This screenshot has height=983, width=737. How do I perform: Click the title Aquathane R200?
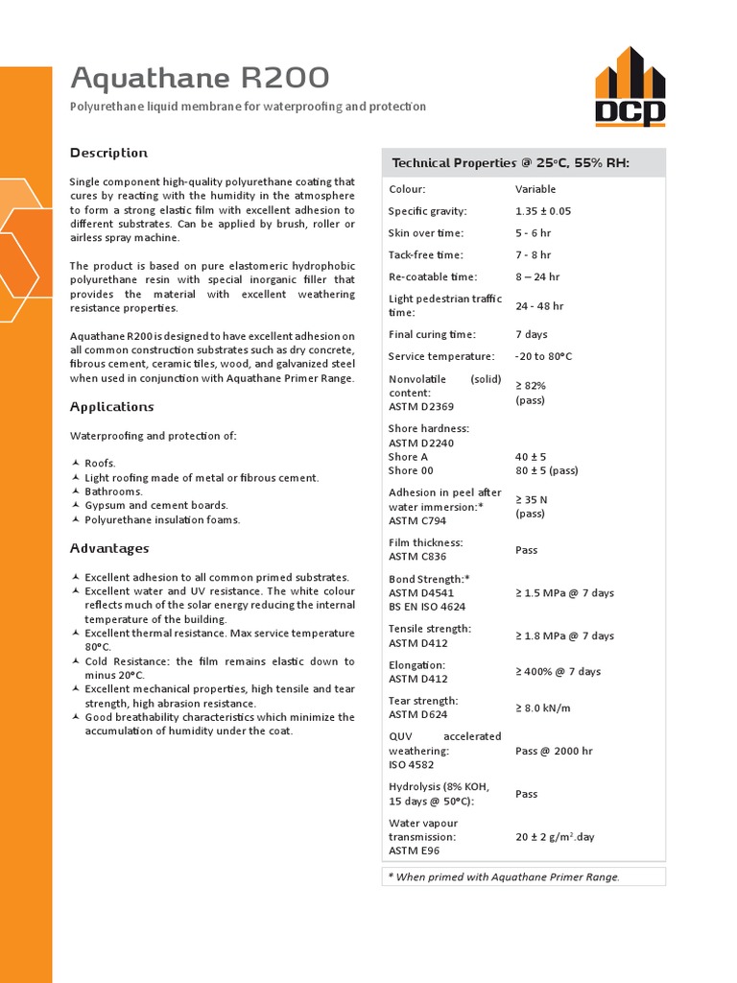pos(201,78)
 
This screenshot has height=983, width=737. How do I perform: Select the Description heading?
pos(108,153)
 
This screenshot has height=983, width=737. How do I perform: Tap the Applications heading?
pos(111,406)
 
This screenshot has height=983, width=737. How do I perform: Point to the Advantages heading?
pos(109,548)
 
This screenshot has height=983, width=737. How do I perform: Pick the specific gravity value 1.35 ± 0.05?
pos(542,211)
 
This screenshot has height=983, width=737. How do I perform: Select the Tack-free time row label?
pos(425,255)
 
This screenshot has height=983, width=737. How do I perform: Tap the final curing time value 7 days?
pos(531,334)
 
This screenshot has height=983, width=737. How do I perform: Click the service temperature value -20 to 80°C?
pos(543,356)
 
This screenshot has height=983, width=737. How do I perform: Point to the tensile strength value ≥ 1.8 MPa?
pos(564,635)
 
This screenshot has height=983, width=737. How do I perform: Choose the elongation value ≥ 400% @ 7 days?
pos(558,671)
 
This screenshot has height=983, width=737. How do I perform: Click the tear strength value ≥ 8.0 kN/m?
pos(543,707)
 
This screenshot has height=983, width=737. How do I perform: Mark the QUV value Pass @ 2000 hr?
pos(554,751)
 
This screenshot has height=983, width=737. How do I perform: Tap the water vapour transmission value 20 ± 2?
pos(555,837)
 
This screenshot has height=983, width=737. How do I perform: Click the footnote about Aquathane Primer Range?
pos(504,876)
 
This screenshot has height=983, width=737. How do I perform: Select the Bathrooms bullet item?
pos(113,491)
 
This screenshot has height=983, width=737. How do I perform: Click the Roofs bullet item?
pos(100,463)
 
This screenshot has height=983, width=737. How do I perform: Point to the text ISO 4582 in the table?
pos(411,765)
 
